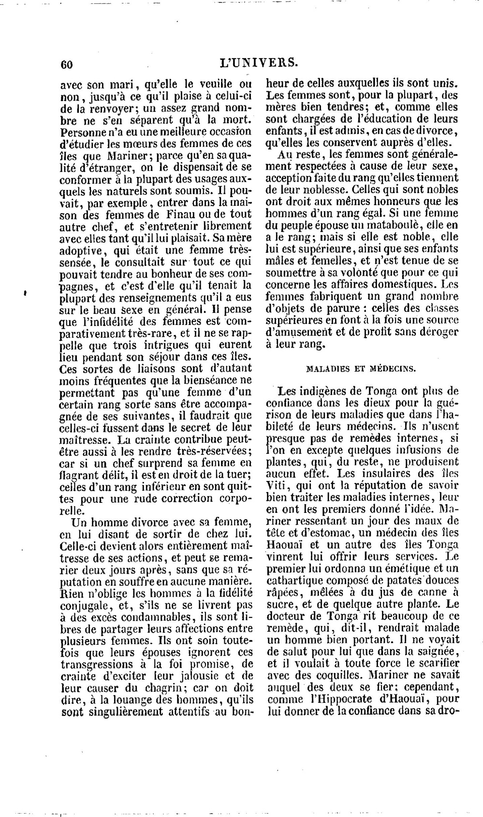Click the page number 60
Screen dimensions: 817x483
pyautogui.click(x=66, y=64)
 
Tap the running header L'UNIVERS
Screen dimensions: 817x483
pyautogui.click(x=259, y=62)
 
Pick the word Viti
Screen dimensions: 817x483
pyautogui.click(x=277, y=485)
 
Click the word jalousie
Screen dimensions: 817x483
pyautogui.click(x=198, y=675)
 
